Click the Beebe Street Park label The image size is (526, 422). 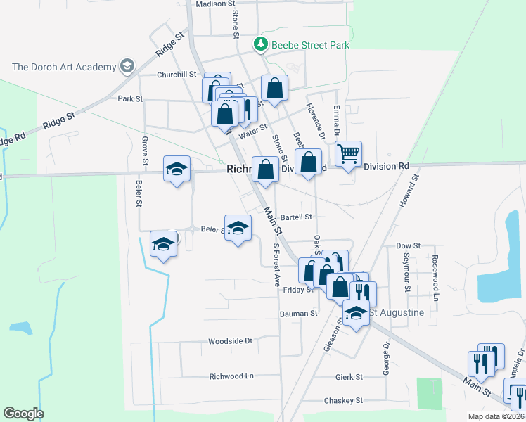(x=310, y=45)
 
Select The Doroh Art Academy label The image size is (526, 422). (x=64, y=67)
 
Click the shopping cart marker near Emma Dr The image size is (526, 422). (x=348, y=154)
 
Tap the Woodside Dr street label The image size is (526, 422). (x=230, y=341)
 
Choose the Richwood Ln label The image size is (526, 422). (x=231, y=376)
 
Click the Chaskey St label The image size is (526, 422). (x=343, y=400)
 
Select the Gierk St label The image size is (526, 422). (x=349, y=377)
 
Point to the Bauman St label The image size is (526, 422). (x=300, y=313)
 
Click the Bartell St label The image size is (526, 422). (x=295, y=218)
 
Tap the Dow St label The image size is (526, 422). (x=408, y=246)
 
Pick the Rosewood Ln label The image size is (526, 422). (x=435, y=269)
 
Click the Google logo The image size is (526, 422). (x=23, y=414)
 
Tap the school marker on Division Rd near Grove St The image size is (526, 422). (x=177, y=169)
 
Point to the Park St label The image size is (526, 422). (x=130, y=98)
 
